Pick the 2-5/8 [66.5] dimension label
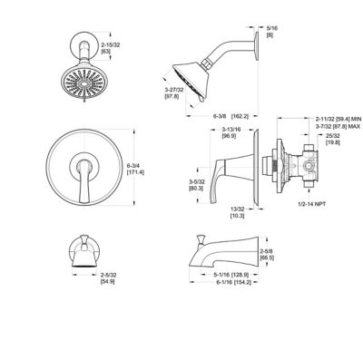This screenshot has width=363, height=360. pyautogui.click(x=265, y=254)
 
